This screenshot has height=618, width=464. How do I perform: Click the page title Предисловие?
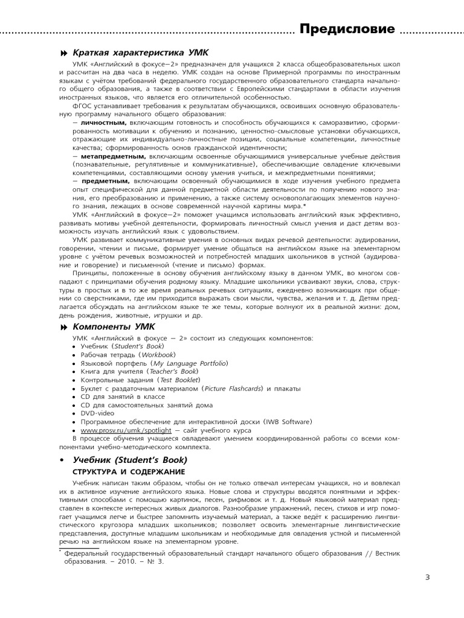tap(347, 28)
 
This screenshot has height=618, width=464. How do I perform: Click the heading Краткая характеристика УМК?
tap(142, 54)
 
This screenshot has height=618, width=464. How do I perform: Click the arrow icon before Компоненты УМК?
tap(63, 327)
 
